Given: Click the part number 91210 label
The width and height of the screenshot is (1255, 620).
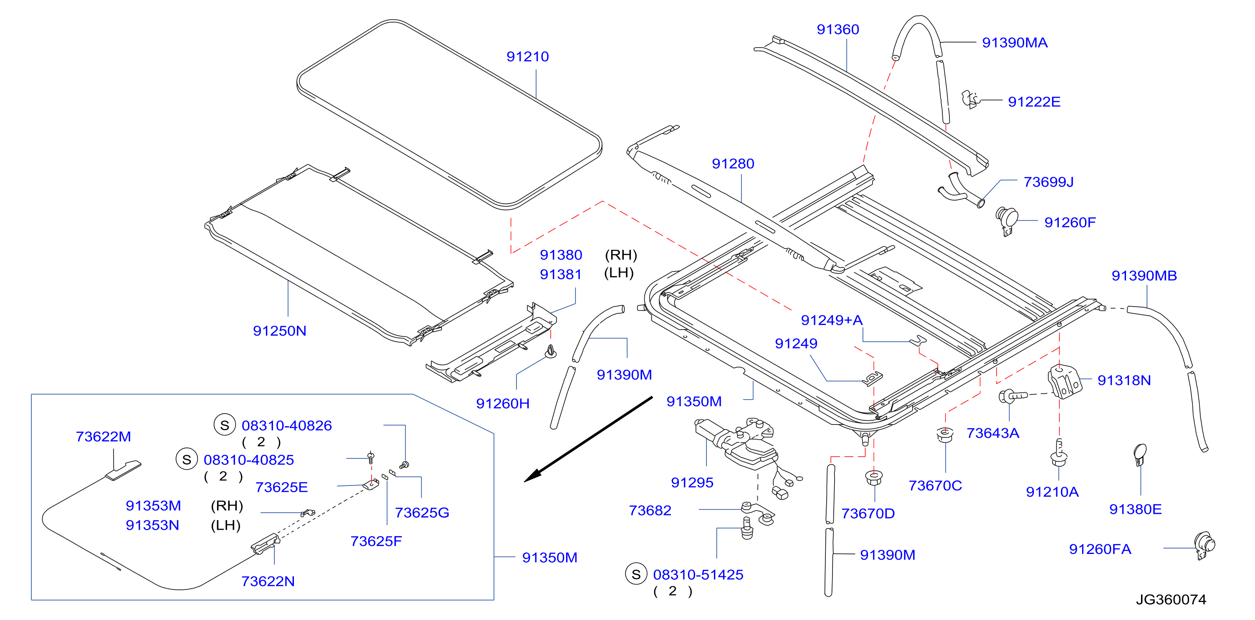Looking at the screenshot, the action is coord(528,56).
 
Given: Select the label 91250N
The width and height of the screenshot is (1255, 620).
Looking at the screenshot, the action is coord(280,331).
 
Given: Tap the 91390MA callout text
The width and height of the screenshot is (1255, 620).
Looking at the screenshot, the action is coord(1015,43).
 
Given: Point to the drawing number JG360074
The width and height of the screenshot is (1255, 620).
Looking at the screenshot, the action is coord(1171,600).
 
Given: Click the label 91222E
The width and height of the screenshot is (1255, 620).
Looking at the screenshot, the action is coord(1034,102).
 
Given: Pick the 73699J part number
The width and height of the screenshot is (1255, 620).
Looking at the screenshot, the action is coord(1049,182).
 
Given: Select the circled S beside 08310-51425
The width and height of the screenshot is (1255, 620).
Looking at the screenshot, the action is coord(636,574).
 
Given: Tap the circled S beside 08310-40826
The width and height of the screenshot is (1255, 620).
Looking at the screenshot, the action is coord(225,425).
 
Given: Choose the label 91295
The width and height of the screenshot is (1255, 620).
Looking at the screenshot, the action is coord(692,483).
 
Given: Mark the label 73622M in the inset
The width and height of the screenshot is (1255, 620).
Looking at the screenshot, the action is coord(103,437).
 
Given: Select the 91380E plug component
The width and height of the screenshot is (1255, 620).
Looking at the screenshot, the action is coord(1140,455).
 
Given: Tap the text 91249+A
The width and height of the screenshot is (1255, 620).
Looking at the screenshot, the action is coord(832,320).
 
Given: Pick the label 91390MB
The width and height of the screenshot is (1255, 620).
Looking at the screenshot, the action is coord(1144,276).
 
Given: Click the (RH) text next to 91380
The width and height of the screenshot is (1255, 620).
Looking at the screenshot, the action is coord(621,255).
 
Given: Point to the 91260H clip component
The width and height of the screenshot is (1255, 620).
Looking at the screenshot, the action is coord(551,351).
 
